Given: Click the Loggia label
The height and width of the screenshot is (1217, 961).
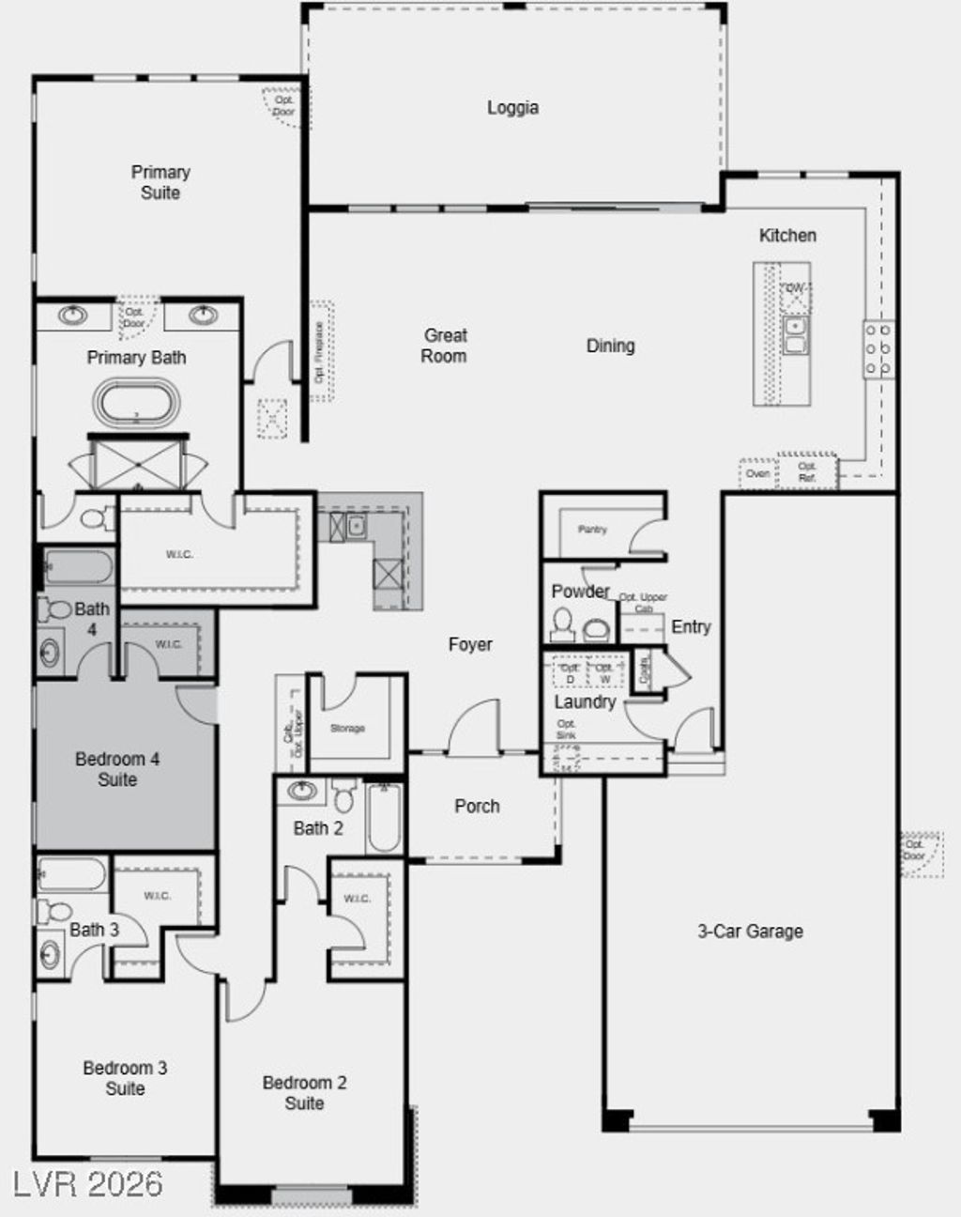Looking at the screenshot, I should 512,108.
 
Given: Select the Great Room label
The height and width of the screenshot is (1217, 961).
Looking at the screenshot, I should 444,346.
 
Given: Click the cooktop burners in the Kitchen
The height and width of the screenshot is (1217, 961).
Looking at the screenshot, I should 878,349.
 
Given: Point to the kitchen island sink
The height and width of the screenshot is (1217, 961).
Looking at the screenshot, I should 796,335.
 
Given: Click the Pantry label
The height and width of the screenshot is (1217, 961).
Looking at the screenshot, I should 592,530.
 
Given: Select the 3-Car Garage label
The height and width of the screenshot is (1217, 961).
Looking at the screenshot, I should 750,932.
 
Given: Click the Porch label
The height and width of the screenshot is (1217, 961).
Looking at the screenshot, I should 477,806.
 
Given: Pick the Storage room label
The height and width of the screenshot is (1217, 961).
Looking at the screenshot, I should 347,728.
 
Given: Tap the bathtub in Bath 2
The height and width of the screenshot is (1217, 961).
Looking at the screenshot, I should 385,816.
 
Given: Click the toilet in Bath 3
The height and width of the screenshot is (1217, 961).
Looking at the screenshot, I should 55,911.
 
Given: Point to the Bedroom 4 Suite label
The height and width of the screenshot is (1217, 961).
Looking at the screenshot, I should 117,769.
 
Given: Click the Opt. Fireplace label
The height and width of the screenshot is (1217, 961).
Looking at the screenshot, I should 319,352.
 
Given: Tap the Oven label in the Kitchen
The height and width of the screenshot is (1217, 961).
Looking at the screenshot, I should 757,473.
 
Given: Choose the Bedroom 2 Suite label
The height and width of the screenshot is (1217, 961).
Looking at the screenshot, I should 304,1093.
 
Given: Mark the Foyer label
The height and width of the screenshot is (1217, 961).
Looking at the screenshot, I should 470,644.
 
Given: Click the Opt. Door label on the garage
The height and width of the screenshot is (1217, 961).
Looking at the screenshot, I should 914,850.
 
